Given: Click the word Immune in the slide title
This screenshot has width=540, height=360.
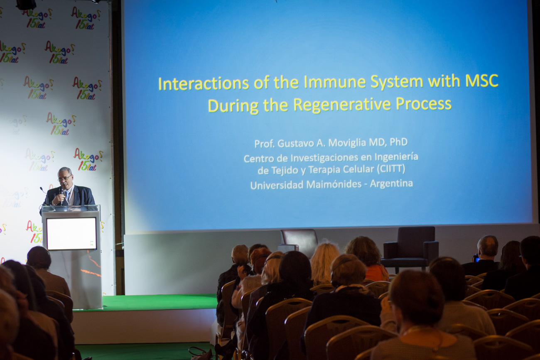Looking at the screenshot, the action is [335, 82].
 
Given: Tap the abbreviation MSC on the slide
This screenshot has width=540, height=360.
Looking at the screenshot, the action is [481, 81].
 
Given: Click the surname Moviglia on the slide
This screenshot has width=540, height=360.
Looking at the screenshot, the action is [348, 143].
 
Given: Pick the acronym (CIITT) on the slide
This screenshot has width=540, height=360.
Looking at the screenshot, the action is [391, 169].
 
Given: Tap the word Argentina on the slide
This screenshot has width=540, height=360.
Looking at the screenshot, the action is [391, 184].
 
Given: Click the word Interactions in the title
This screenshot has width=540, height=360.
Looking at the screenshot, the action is [203, 83].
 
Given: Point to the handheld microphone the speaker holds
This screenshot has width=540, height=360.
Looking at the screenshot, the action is [62, 196].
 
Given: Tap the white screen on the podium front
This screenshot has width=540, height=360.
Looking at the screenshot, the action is [71, 233].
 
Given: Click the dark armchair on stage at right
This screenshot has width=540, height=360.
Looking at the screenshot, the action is [410, 250].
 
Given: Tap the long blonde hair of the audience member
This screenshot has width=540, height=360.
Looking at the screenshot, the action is [325, 263].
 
